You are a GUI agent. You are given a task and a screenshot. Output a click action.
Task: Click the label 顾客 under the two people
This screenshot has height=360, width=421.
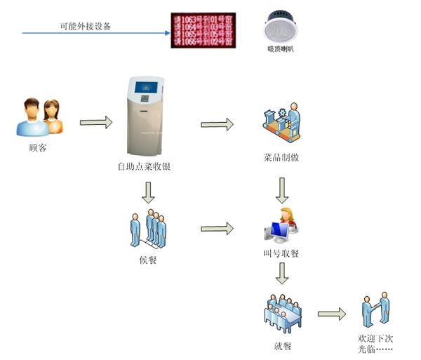(x=39, y=148)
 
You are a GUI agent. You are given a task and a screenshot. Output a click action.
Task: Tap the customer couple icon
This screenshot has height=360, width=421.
(x=39, y=117)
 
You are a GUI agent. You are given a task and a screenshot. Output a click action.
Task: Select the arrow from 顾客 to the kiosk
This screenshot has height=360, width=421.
(x=96, y=122)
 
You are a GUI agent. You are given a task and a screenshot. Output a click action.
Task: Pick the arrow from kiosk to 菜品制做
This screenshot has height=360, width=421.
(x=217, y=124)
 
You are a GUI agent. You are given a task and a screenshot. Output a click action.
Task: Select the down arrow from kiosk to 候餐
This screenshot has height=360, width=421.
(x=148, y=192)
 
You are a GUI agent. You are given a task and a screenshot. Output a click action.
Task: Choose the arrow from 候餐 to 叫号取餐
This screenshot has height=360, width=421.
(x=217, y=229)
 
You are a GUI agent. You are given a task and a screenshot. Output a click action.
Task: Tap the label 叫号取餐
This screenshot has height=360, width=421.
(x=281, y=253)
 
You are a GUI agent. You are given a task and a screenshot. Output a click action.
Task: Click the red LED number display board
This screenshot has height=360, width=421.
(x=203, y=29)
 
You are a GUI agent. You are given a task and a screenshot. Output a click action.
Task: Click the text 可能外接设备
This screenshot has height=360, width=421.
(x=85, y=26)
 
